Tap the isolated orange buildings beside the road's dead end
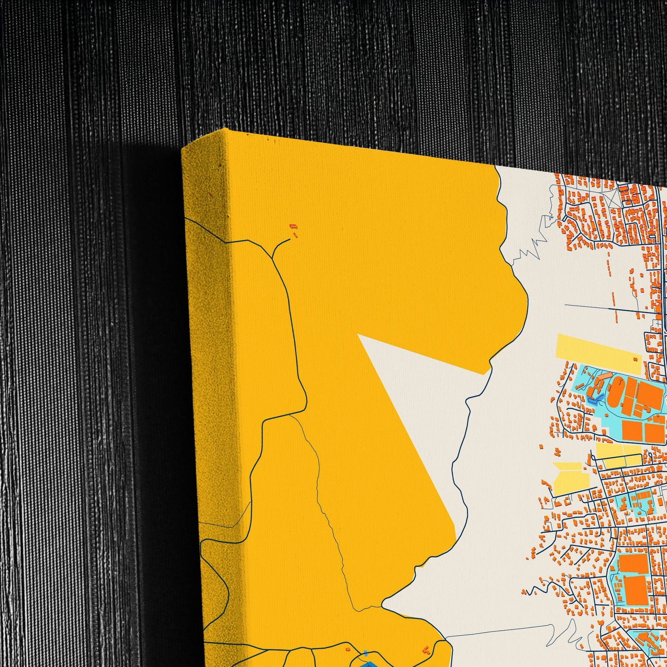coord(293,230)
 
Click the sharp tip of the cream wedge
coord(358,335)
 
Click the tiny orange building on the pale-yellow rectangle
coord(636,360)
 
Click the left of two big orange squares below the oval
coord(632,430)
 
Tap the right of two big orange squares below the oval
coord(655,433)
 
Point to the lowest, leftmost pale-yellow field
coord(571,478)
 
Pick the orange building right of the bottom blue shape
coord(426,650)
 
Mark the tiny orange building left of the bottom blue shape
coord(348,649)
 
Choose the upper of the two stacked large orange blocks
coord(633,564)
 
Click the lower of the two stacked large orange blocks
coord(636,589)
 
